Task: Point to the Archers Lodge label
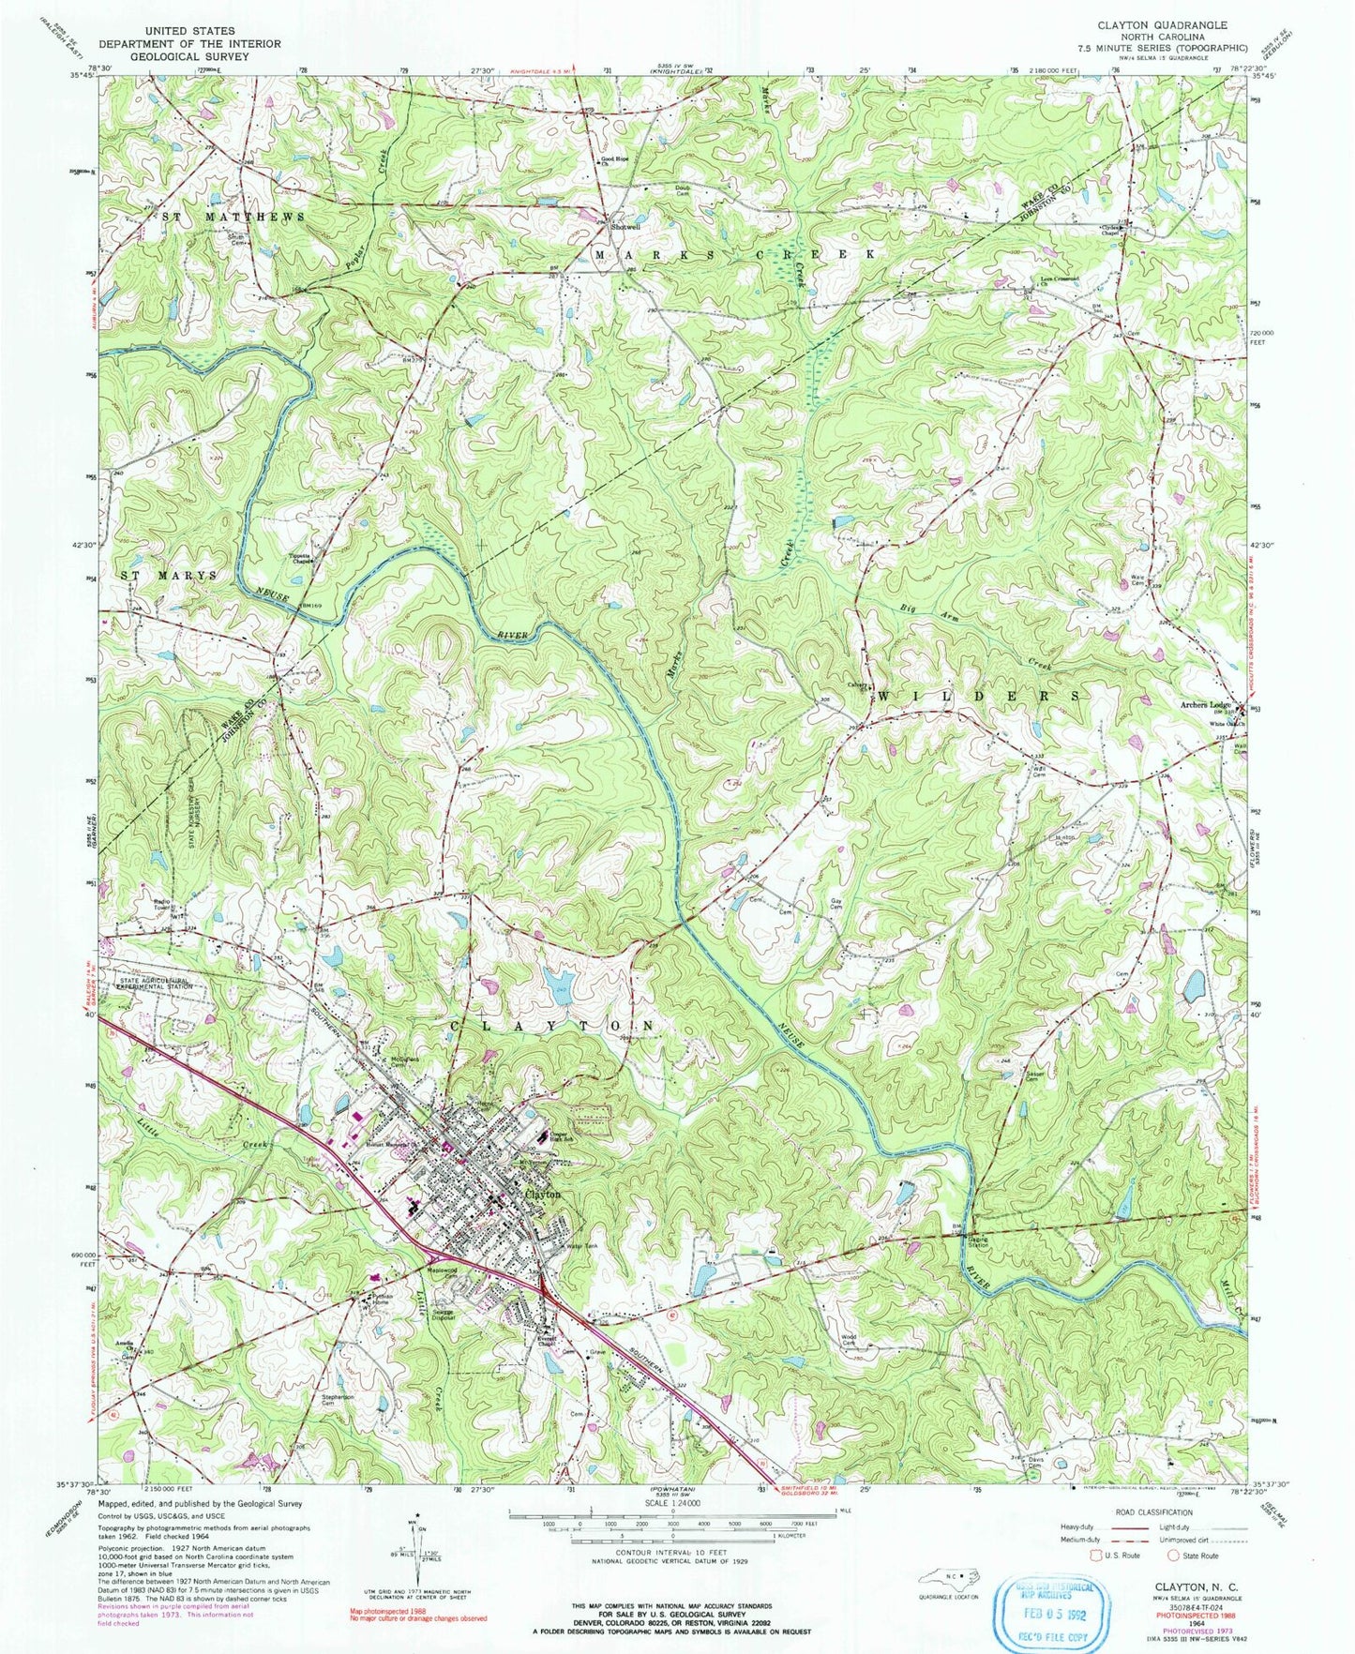[x=1208, y=705]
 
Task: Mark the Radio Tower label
[x=166, y=905]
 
